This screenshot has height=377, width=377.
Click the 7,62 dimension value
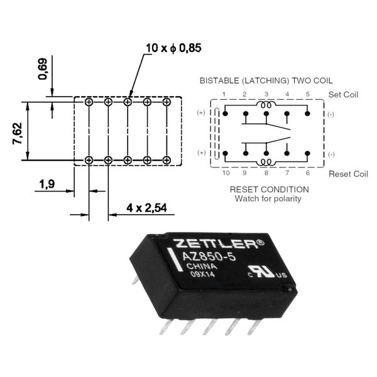[18, 133]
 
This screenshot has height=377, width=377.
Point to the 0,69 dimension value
[43, 69]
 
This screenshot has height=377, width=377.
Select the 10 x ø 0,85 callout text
[173, 48]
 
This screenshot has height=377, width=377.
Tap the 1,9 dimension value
[47, 184]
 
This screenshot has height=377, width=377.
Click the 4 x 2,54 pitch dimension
[146, 208]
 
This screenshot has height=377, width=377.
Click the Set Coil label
[343, 94]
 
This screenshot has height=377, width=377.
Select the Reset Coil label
[348, 174]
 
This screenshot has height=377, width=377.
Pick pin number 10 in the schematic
[226, 173]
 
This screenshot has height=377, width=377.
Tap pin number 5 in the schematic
[308, 94]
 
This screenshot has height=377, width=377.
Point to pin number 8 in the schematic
[266, 173]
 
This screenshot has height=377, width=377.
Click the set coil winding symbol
[266, 105]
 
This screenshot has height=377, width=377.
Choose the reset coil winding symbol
[266, 162]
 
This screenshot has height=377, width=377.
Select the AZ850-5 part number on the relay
[209, 257]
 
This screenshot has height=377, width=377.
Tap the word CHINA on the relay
[202, 266]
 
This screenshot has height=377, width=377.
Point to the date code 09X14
[202, 274]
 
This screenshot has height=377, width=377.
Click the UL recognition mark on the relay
[268, 272]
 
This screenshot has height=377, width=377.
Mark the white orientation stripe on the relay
[174, 260]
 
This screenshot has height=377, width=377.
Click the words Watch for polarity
[268, 199]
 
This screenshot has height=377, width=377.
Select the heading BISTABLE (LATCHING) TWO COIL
[266, 81]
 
